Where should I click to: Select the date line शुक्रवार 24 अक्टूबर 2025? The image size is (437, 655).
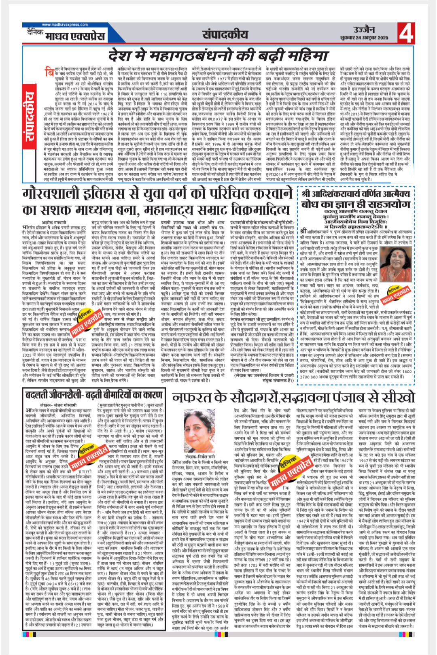[364, 38]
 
